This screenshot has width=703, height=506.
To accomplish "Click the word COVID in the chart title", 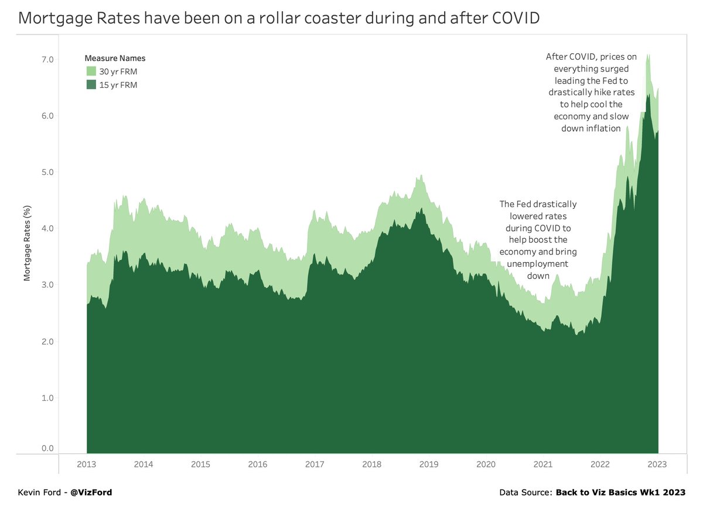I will pyautogui.click(x=510, y=18).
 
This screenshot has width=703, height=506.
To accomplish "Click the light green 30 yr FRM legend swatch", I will pyautogui.click(x=91, y=71).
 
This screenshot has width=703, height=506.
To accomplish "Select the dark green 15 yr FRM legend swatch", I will pyautogui.click(x=91, y=85).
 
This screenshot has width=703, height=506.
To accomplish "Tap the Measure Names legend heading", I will pyautogui.click(x=115, y=58).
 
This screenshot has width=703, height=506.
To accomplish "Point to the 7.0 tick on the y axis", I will pyautogui.click(x=47, y=60).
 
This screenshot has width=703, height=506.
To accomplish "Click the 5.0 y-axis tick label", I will pyautogui.click(x=47, y=173).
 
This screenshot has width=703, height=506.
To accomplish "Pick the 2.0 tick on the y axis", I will pyautogui.click(x=47, y=342).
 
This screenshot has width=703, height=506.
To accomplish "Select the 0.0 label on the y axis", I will pyautogui.click(x=47, y=449).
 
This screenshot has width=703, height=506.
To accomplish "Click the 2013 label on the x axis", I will pyautogui.click(x=87, y=464).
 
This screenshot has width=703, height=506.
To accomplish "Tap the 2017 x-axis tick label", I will pyautogui.click(x=315, y=464).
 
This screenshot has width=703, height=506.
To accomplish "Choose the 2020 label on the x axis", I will pyautogui.click(x=486, y=464).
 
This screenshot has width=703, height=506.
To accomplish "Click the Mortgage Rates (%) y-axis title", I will pyautogui.click(x=27, y=243).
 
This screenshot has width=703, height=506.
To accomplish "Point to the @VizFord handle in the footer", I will pyautogui.click(x=91, y=493).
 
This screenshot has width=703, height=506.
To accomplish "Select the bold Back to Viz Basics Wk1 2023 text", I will pyautogui.click(x=620, y=493).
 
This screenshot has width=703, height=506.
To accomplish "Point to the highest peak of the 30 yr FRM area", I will pyautogui.click(x=647, y=55).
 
